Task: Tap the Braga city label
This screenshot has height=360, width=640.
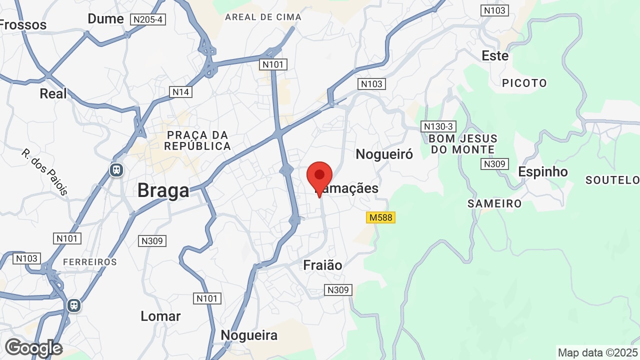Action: tap(163, 190)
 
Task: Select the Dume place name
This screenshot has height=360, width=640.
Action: tap(105, 19)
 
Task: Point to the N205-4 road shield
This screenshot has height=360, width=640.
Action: tap(147, 19)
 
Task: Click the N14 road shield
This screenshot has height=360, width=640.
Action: tap(180, 92)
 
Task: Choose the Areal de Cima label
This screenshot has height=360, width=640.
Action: tap(263, 17)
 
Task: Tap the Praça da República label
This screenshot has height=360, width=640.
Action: tap(197, 140)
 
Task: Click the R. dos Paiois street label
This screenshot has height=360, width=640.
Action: tap(44, 171)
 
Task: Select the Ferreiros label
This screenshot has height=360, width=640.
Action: tap(90, 262)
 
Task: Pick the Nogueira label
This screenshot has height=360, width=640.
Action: tap(249, 335)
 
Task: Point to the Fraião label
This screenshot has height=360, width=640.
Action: tap(322, 265)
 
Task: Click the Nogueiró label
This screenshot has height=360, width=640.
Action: tap(384, 154)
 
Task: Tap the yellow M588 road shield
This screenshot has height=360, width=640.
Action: tap(380, 217)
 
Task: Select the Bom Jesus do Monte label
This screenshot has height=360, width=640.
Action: tap(463, 144)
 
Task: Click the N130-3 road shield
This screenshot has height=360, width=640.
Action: tap(437, 126)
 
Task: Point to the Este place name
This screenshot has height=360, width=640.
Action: tap(495, 56)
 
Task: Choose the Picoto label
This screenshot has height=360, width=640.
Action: tap(524, 83)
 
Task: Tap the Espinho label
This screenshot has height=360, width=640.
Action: tap(542, 171)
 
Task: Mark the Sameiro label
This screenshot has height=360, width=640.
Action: tap(494, 203)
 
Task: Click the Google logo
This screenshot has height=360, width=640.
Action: tap(33, 348)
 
